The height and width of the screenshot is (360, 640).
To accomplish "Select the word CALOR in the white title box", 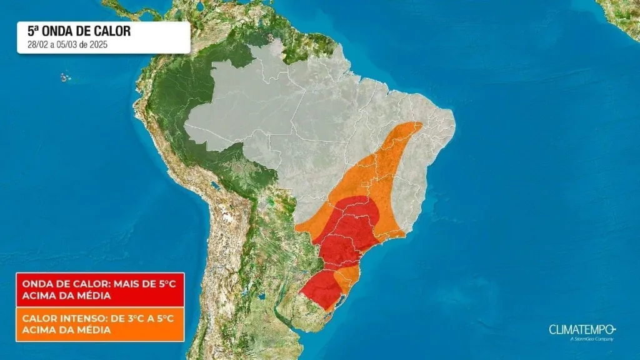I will pyautogui.click(x=114, y=32).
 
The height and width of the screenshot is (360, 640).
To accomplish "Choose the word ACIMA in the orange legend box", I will pyautogui.click(x=37, y=330).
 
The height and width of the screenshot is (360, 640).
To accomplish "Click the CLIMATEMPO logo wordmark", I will pyautogui.click(x=582, y=329).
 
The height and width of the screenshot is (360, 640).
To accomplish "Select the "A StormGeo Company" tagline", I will pyautogui.click(x=592, y=339).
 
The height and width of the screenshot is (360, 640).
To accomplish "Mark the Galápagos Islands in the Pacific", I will pyautogui.click(x=64, y=77).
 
